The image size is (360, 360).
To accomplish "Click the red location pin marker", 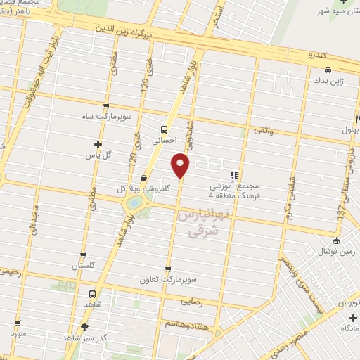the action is click(x=181, y=166).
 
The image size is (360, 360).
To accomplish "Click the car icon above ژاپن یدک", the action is click(x=328, y=70).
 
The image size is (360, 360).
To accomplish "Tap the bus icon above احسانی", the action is click(x=163, y=129).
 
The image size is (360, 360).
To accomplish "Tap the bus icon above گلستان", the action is click(x=84, y=255).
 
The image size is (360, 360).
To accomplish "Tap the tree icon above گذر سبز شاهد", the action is click(x=85, y=326).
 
